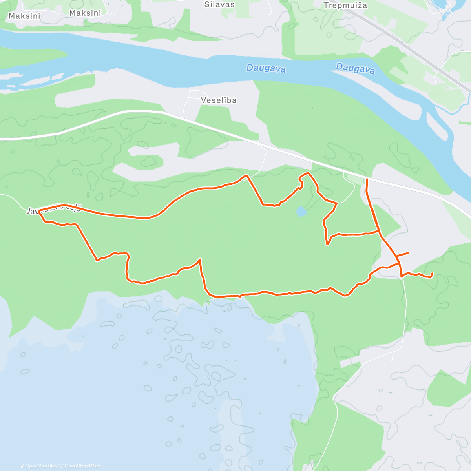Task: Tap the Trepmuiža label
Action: [x=345, y=5]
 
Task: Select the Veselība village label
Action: [x=219, y=100]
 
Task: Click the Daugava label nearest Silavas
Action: [x=266, y=68]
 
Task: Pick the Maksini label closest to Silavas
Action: [x=85, y=13]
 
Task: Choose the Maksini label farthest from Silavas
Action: [x=24, y=16]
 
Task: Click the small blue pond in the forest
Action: [x=301, y=212]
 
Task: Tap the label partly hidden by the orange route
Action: [x=53, y=209]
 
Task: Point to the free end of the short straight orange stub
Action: [x=409, y=253]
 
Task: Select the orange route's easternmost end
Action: [x=432, y=273]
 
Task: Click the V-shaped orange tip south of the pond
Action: [x=327, y=244]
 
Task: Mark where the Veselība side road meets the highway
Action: [x=183, y=118]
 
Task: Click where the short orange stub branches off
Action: [x=396, y=256]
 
